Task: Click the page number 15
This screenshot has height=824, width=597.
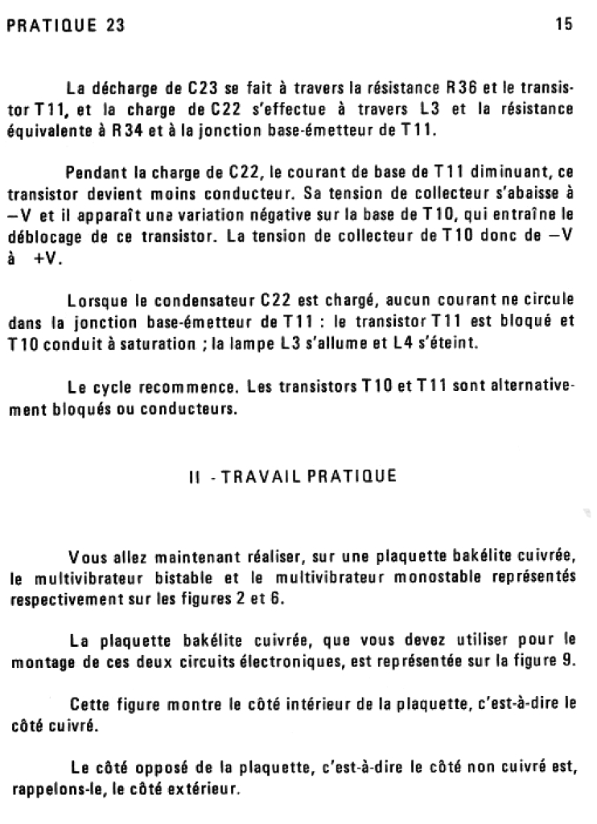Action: click(563, 24)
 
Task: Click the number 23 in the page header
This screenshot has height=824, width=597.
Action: click(114, 25)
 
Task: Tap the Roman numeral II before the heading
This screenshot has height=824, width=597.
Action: click(193, 476)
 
